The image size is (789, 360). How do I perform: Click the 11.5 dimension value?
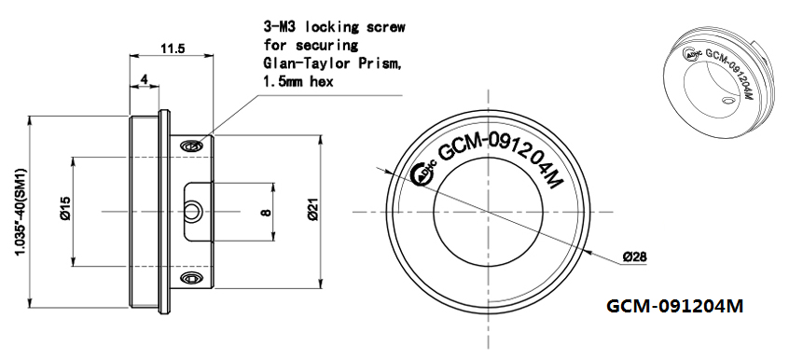point(173,48)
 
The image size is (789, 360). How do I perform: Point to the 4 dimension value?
point(145,79)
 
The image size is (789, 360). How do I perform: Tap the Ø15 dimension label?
point(65,209)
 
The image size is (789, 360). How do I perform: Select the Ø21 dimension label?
point(312,209)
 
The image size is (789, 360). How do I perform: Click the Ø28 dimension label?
point(634,256)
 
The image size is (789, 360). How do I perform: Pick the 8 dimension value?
point(267,212)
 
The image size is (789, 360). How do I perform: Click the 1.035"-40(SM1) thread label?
point(21,212)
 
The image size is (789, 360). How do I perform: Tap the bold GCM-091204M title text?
point(674,306)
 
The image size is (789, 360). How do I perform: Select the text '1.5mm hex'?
point(298,81)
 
